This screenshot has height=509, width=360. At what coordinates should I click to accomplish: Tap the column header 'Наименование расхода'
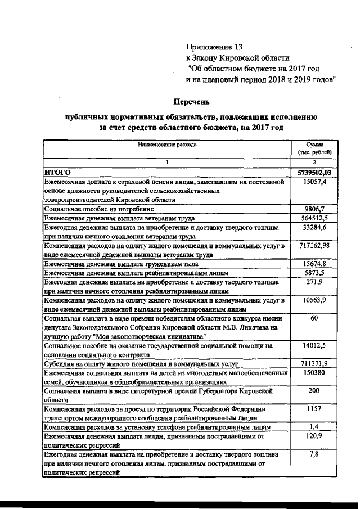pyautogui.click(x=168, y=145)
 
